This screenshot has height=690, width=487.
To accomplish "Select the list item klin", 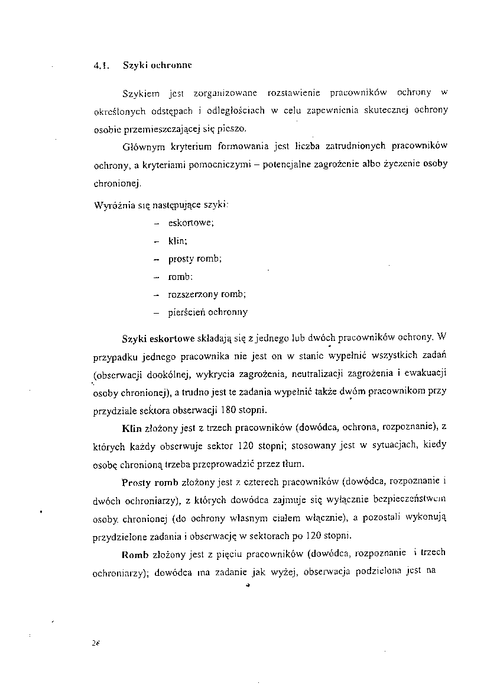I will [x=178, y=241].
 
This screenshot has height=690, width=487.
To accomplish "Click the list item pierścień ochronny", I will [x=208, y=312].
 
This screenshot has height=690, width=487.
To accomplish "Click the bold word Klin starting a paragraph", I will [x=131, y=428].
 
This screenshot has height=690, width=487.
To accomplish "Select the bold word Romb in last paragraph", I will [x=135, y=555].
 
